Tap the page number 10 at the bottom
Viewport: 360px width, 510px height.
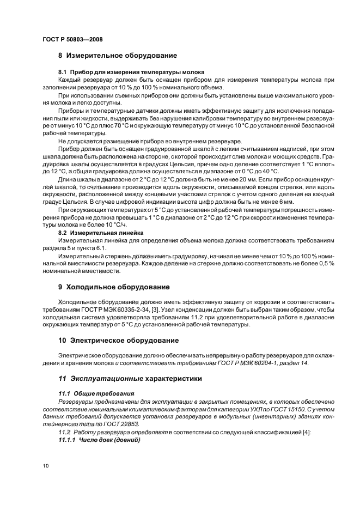pos(45,465)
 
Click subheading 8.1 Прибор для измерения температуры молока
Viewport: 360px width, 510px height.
pos(131,72)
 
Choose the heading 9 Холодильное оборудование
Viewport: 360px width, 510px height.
pos(114,287)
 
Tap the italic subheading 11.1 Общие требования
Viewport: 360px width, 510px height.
pos(94,393)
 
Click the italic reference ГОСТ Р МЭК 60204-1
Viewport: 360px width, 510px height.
pos(254,363)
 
